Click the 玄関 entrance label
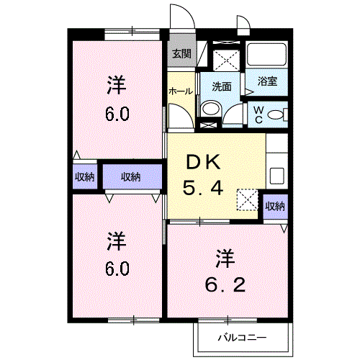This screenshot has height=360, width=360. tap(181, 53)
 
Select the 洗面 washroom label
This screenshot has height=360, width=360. tap(222, 86)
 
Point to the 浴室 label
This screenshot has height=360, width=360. tap(268, 82)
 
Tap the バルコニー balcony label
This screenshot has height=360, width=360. tap(243, 337)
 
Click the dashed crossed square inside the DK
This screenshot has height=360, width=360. tap(248, 199)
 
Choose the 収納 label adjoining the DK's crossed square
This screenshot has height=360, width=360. tap(274, 206)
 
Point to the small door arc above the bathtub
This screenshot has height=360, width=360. tap(243, 27)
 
